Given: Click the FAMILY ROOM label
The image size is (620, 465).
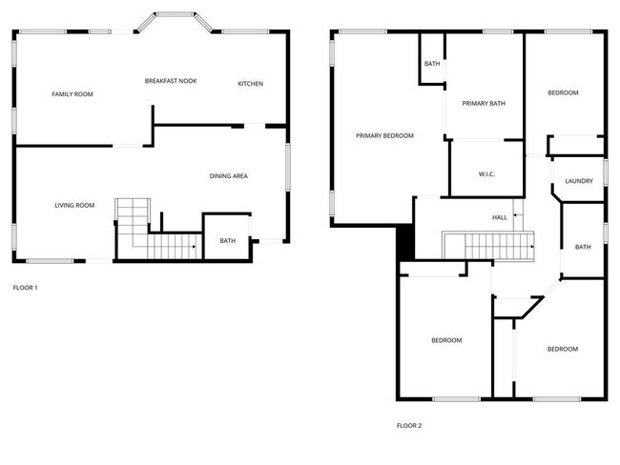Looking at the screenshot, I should coord(72,93).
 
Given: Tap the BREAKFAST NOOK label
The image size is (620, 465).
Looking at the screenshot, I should coord(171,81).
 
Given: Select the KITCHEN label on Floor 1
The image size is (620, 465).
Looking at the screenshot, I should coord(251,84).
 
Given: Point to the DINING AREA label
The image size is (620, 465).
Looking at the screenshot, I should coord(229,176).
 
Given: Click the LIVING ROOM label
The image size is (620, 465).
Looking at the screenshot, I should coord(73,205).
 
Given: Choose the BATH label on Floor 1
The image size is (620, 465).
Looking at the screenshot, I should coord(227,241).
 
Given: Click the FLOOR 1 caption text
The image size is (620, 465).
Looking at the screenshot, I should coord(25,287).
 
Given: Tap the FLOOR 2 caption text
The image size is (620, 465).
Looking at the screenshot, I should coord(409,425).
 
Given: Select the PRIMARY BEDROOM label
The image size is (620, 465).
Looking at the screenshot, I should coord(384,136).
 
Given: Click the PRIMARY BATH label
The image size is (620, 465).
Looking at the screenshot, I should coord(484,103).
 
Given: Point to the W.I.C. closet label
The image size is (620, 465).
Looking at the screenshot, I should coord(486,173).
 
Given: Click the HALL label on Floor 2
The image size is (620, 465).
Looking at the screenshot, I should coord(500,217).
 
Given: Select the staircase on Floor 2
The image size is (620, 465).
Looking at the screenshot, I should coord(488,246).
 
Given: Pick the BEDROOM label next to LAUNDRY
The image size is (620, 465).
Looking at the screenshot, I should coord(563,92).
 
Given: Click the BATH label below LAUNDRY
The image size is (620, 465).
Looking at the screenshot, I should coord(583,247).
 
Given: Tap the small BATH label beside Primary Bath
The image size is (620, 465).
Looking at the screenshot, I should coord(432,64).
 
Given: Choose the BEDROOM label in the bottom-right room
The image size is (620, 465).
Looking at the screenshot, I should coord(562,349).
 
